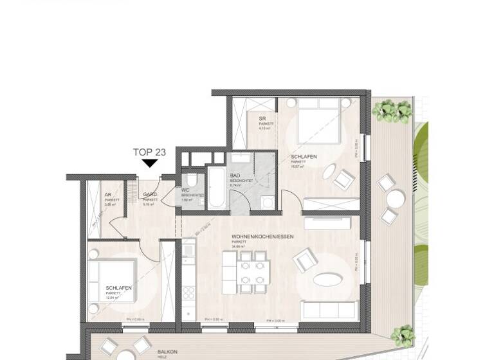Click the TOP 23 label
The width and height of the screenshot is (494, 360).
tap(149, 152)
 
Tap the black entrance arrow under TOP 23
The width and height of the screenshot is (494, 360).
tap(149, 163)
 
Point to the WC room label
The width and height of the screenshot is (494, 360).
tap(186, 190)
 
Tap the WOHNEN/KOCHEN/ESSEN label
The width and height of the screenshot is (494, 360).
tap(262, 237)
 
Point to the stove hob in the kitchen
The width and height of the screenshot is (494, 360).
tap(188, 292)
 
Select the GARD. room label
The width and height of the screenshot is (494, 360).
tap(151, 194)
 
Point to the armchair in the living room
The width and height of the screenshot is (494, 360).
tap(304, 260)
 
